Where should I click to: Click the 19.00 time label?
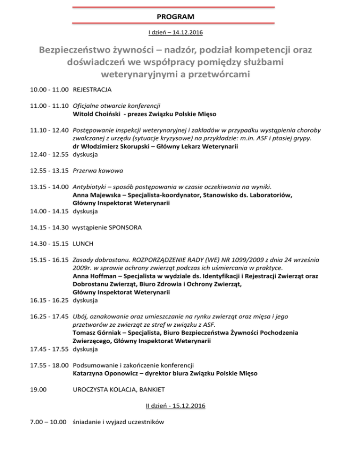[37, 391]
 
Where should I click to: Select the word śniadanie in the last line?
[88, 422]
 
